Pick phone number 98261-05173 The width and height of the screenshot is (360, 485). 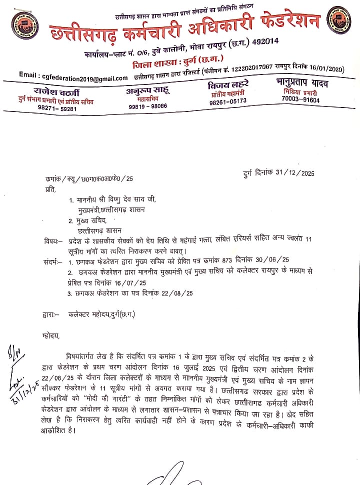pyautogui.click(x=228, y=101)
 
